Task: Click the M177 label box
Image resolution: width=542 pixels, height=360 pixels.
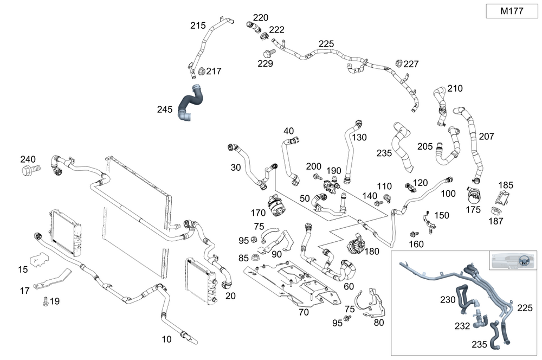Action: click(x=512, y=11)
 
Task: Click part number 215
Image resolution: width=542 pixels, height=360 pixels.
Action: click(x=198, y=25)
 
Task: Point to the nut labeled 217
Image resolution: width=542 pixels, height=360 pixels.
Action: click(x=201, y=71)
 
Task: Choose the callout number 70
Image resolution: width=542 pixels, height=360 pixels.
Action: click(x=304, y=312)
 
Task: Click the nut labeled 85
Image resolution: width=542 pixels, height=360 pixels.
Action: click(x=256, y=259)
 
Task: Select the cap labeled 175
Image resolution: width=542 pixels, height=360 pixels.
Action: click(x=474, y=196)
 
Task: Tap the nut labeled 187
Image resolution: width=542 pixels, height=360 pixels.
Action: click(x=495, y=211)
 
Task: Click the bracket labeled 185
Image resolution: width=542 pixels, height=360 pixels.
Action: click(x=500, y=197)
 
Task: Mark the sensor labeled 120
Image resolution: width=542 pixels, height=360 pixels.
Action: click(x=409, y=187)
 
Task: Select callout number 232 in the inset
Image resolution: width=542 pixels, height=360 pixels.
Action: click(x=462, y=326)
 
